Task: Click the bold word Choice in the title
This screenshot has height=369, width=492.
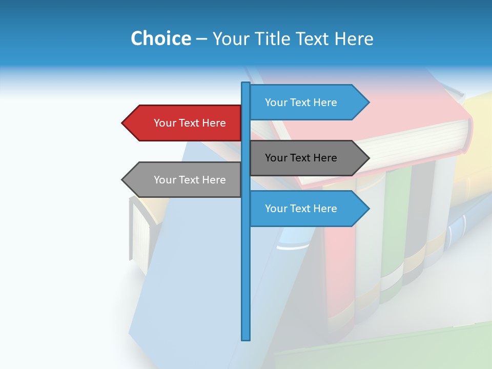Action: click(160, 38)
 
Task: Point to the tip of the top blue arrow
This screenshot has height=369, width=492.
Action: click(368, 102)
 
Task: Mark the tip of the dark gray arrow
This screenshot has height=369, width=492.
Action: click(368, 158)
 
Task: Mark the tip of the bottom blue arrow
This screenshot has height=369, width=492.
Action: click(368, 209)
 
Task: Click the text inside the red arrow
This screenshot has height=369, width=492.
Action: click(190, 123)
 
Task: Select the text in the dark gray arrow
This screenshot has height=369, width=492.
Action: click(301, 158)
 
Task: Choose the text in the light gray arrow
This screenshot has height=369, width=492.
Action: click(190, 180)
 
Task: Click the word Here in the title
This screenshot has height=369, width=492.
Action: click(354, 38)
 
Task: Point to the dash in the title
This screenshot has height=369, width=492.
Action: click(201, 39)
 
